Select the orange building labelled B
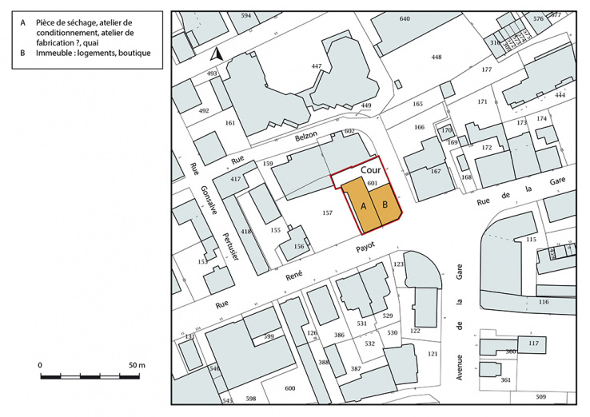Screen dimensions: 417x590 pos(385,205)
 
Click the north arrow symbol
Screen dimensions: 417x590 pos(214,55)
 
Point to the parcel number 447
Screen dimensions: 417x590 pos(317,66)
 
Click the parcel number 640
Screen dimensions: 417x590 pos(405,18)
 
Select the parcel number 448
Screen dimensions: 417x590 pos(436,58)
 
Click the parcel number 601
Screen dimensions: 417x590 pos(372,183)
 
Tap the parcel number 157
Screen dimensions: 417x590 pos(326,213)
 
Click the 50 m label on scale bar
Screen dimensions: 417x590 pos(137,365)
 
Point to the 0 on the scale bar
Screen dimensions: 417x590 pos(40,365)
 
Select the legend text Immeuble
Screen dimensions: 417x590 pos(58,54)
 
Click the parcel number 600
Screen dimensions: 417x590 pos(289,388)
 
